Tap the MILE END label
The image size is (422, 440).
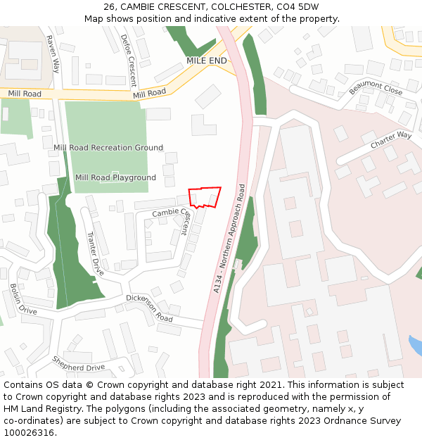[207, 61]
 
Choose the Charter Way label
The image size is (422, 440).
[391, 139]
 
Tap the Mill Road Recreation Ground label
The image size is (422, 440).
[108, 148]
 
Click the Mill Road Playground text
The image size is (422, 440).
[115, 177]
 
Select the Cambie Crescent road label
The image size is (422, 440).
[172, 212]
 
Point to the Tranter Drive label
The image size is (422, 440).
[95, 254]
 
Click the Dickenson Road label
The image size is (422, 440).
[149, 308]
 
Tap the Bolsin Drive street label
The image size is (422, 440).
[23, 299]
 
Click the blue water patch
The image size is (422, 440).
[416, 346]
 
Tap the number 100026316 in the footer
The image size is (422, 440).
[29, 432]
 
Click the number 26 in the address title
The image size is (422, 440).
[109, 7]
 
